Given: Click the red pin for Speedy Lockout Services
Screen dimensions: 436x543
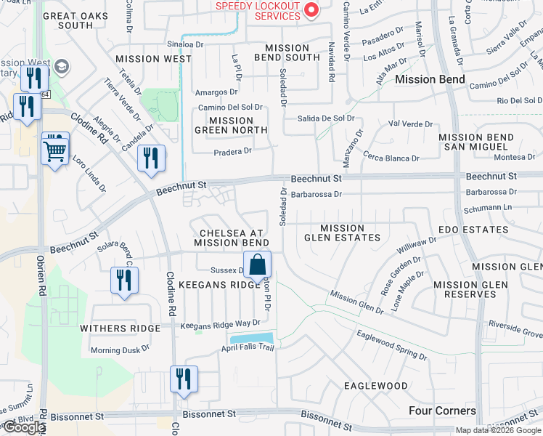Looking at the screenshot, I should pos(312,9).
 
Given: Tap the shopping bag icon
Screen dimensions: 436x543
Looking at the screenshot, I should pos(257,265).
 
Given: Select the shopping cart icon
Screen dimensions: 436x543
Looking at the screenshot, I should pos(55,150).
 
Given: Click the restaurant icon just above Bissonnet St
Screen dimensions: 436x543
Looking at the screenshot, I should pos(184,379).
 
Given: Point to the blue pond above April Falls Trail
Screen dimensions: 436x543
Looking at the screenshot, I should pos(251,338).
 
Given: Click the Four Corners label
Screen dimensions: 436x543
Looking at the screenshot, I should pos(442,411).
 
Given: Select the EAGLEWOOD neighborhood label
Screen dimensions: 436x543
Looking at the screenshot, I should pos(376,386).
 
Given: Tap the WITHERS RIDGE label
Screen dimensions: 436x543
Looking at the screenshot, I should pos(120,328).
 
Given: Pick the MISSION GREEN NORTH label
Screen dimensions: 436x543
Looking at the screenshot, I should pos(231,125).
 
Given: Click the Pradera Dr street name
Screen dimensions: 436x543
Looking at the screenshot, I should pos(232,151).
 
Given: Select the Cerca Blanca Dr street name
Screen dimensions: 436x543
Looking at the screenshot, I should pos(392,158).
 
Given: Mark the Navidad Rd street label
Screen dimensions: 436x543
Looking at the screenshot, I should pos(331,62).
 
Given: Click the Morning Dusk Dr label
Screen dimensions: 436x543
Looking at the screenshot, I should pos(120,349).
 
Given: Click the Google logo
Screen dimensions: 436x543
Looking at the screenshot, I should pos(23,427).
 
